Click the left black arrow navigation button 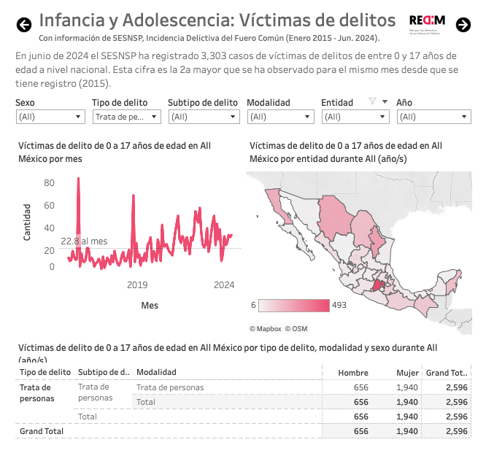pyautogui.click(x=24, y=25)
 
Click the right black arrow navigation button pyautogui.click(x=463, y=25)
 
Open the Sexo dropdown pyautogui.click(x=50, y=117)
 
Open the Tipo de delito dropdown pyautogui.click(x=126, y=117)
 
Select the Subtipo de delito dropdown pyautogui.click(x=204, y=117)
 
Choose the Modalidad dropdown pyautogui.click(x=281, y=117)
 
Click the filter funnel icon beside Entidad pyautogui.click(x=372, y=102)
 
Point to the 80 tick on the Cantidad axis pyautogui.click(x=49, y=183)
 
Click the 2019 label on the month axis pyautogui.click(x=138, y=284)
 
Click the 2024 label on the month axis pyautogui.click(x=223, y=284)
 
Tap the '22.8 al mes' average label pyautogui.click(x=84, y=241)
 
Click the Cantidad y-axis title pyautogui.click(x=27, y=222)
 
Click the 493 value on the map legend pyautogui.click(x=339, y=305)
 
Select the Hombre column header pyautogui.click(x=353, y=373)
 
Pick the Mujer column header pyautogui.click(x=406, y=373)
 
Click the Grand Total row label pyautogui.click(x=42, y=431)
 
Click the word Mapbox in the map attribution pyautogui.click(x=269, y=329)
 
